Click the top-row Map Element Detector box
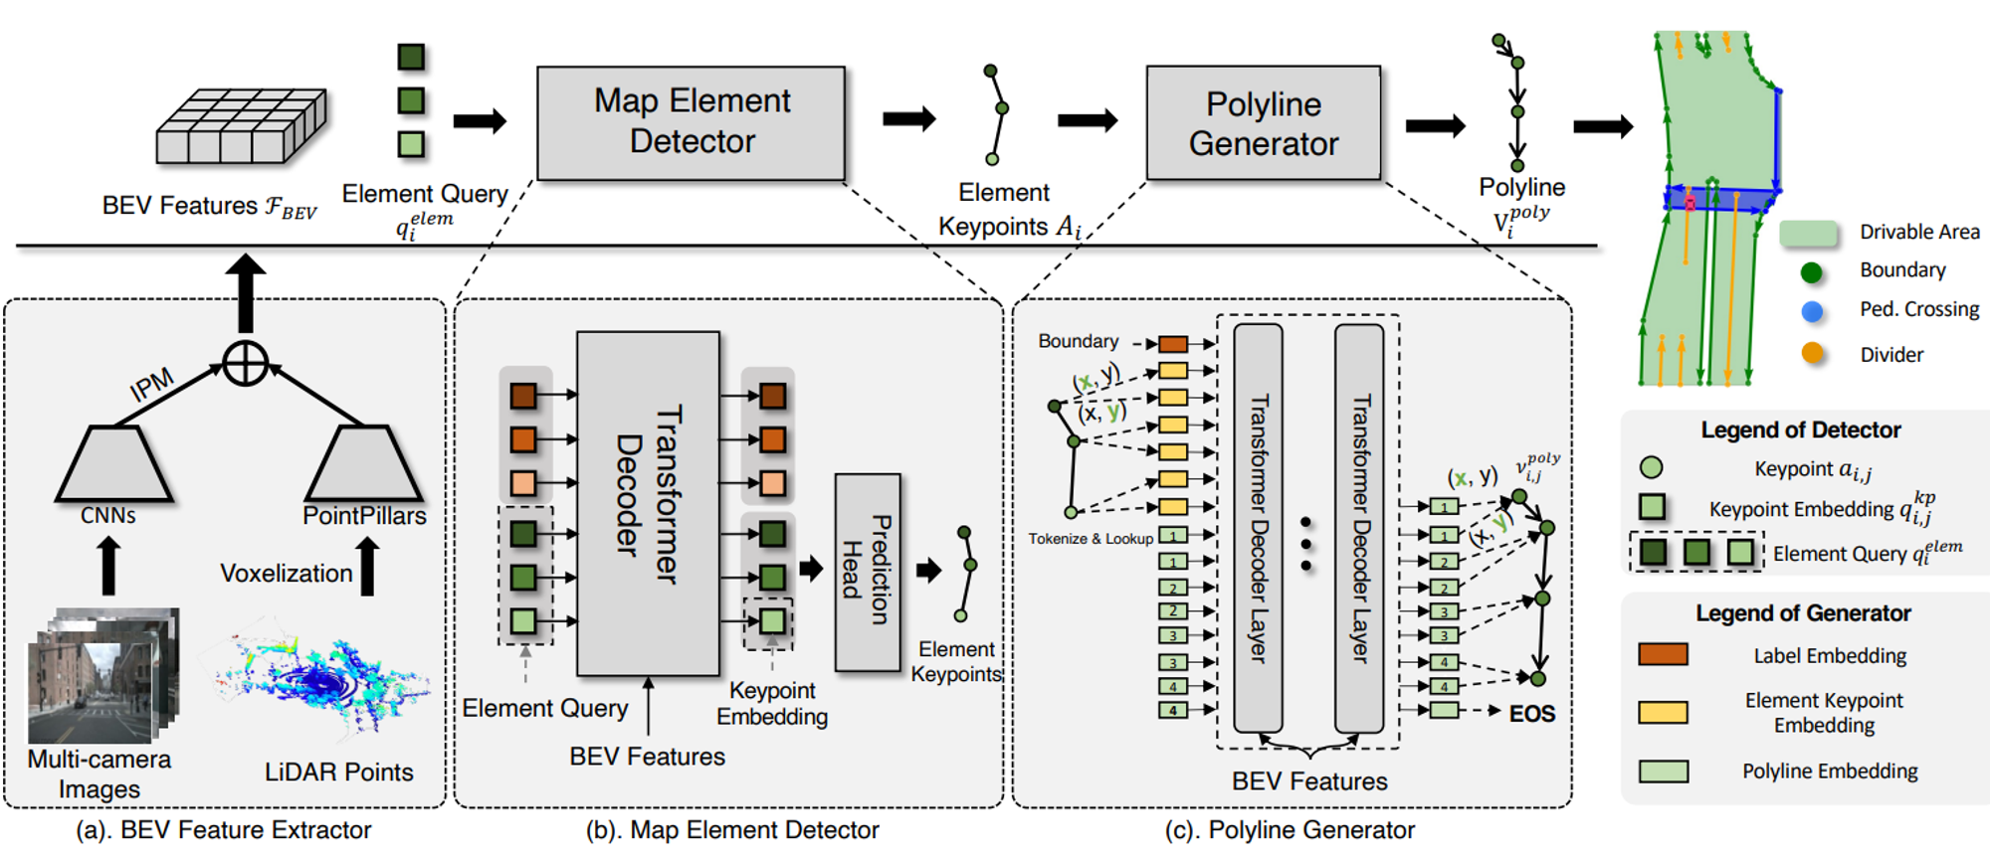(691, 122)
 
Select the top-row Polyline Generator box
(1263, 123)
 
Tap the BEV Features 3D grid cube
(241, 126)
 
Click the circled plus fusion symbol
(245, 363)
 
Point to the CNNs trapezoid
(113, 464)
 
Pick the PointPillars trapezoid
(363, 464)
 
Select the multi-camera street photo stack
(101, 677)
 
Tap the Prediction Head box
(868, 572)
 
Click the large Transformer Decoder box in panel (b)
(648, 503)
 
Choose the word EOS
(1531, 714)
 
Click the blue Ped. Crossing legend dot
(1812, 311)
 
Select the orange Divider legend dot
(1812, 353)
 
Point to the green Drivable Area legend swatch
(1808, 234)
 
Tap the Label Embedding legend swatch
(1663, 654)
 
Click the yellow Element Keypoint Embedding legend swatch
(1663, 712)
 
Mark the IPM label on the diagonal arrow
(152, 385)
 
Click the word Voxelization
(286, 574)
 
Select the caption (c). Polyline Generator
(1290, 830)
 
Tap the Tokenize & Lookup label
(1091, 539)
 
